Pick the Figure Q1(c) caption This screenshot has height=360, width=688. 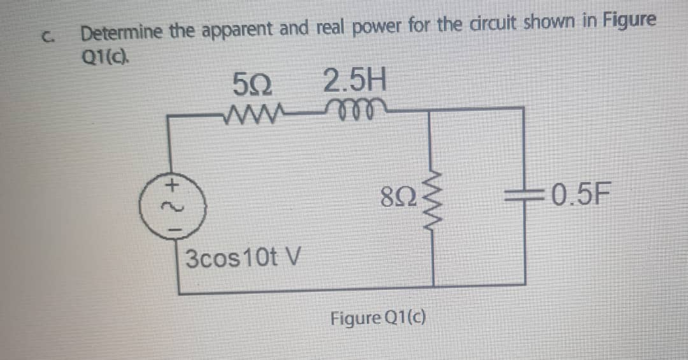[x=378, y=317]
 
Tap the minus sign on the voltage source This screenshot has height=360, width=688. [x=170, y=225]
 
